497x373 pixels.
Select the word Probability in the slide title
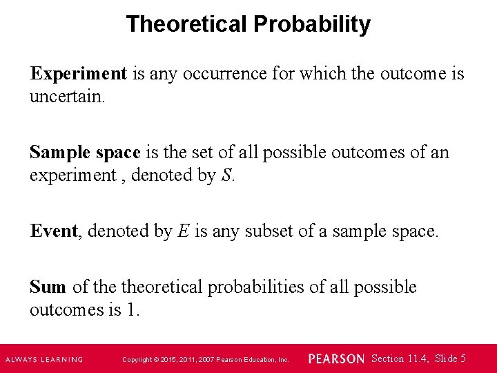coord(311,24)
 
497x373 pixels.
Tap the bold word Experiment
coord(78,73)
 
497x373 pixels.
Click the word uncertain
coord(67,96)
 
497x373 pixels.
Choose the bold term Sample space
coord(85,152)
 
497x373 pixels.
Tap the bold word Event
coord(54,231)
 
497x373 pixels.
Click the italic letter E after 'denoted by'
coord(183,231)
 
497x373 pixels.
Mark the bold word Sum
coord(48,287)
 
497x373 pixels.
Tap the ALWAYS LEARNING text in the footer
coord(44,359)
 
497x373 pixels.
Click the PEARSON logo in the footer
coord(336,358)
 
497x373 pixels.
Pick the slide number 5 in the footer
coord(462,358)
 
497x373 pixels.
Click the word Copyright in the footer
coord(136,359)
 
